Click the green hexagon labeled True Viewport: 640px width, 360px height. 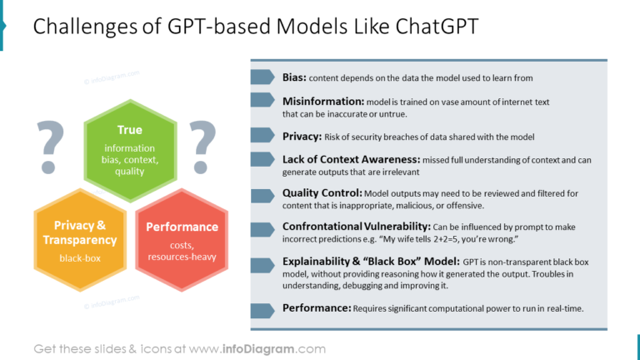click(129, 150)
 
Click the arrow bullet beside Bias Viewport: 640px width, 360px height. click(262, 77)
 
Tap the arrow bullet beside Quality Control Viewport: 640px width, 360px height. click(262, 193)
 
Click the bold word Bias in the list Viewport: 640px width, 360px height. click(294, 77)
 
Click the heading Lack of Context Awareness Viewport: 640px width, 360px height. click(351, 158)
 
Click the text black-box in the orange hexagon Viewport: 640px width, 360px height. click(80, 258)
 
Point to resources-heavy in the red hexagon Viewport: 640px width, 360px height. click(182, 257)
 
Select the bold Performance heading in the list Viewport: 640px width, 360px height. click(317, 308)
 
